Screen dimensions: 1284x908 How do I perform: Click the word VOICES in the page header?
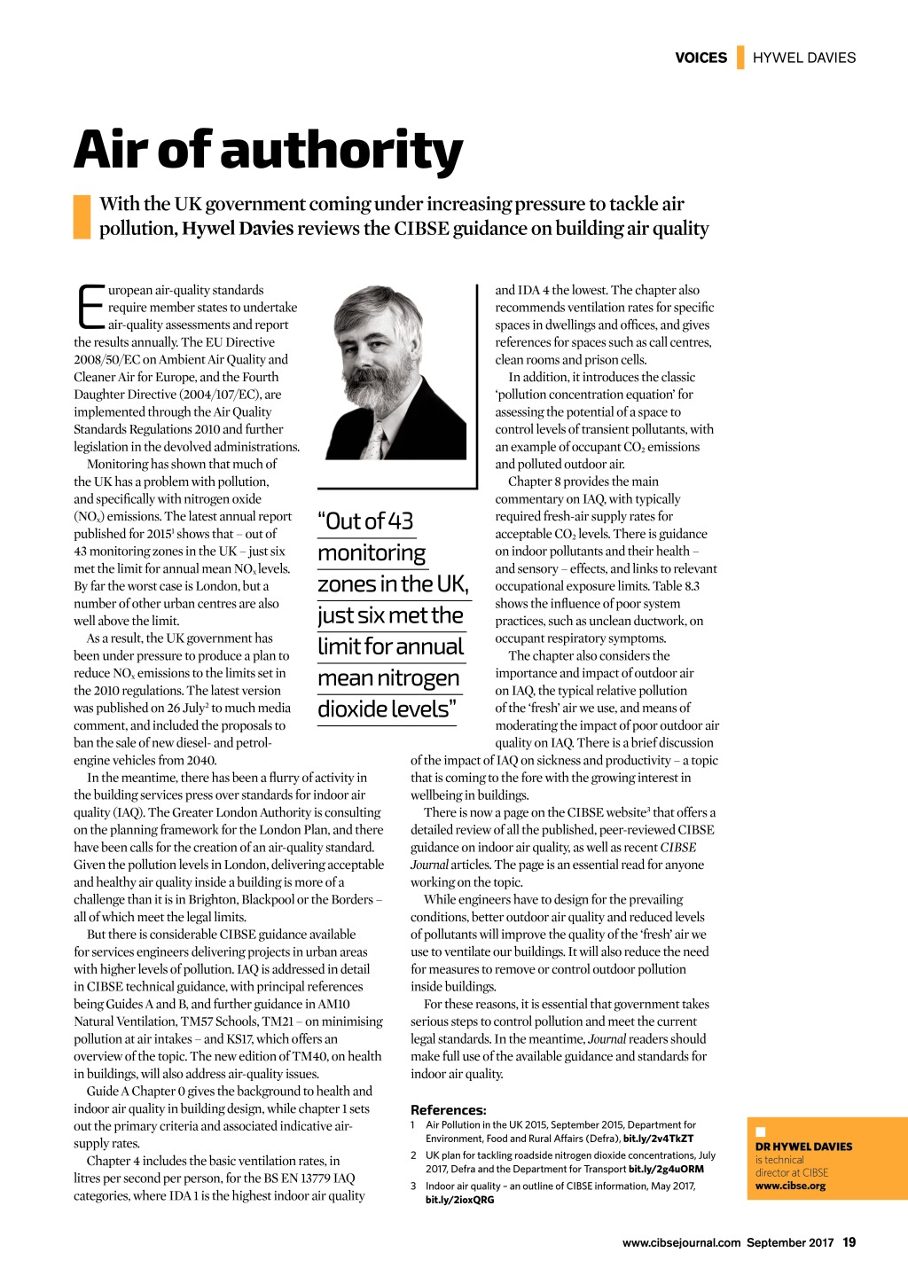(701, 58)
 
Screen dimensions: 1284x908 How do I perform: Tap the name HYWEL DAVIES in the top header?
(804, 58)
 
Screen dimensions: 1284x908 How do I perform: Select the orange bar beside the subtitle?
(82, 216)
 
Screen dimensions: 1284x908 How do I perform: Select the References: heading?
(449, 1109)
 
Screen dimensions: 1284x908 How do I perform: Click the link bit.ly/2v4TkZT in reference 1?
(658, 1139)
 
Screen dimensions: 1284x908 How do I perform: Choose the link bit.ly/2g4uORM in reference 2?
(666, 1169)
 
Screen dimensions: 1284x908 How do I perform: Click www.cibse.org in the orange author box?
(790, 1186)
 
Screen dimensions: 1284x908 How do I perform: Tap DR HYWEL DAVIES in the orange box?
(803, 1147)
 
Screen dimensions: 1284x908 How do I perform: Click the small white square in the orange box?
(760, 1132)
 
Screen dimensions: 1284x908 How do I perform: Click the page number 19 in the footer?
(849, 1242)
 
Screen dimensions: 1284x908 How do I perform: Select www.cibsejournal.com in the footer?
(681, 1242)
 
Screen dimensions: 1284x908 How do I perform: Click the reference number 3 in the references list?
(413, 1186)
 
